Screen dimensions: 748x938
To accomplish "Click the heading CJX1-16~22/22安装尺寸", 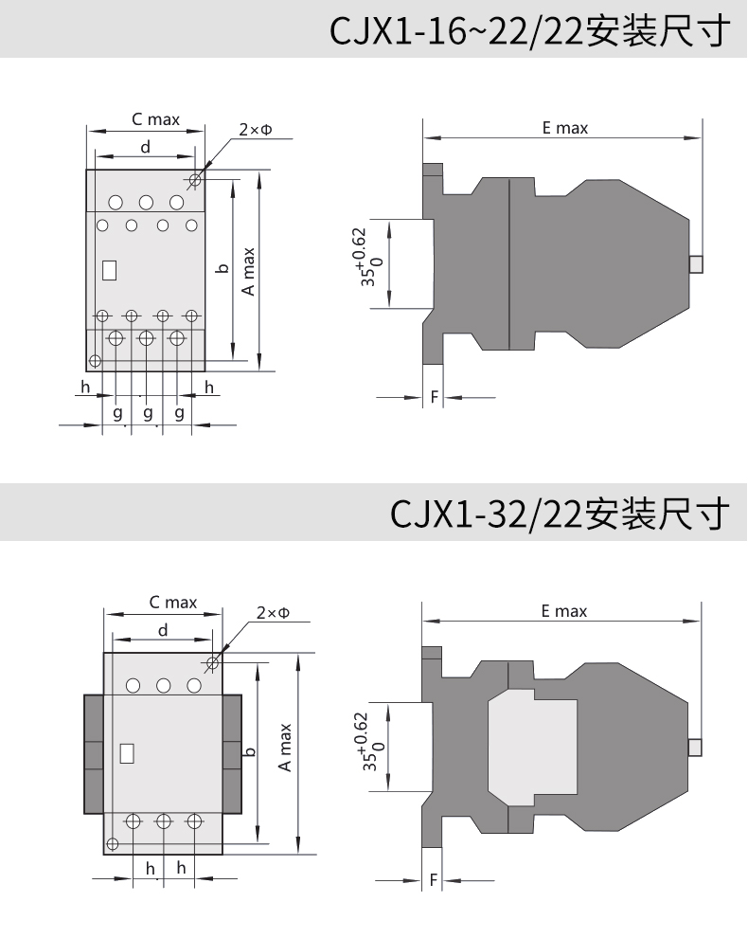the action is [530, 31].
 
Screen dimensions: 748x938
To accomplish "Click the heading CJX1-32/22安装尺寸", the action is [561, 514].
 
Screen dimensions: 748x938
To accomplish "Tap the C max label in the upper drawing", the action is [155, 119].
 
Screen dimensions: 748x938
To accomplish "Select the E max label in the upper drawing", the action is [565, 128].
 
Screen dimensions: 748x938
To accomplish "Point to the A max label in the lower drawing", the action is [285, 748].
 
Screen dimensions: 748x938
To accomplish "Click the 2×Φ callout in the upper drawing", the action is [256, 129].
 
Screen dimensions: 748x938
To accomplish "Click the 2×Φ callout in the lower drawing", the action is [274, 613].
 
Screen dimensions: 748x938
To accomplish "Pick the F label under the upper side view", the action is [435, 397].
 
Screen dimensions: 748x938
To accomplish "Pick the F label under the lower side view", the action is [434, 880].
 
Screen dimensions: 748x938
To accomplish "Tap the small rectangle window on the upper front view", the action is [110, 270].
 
